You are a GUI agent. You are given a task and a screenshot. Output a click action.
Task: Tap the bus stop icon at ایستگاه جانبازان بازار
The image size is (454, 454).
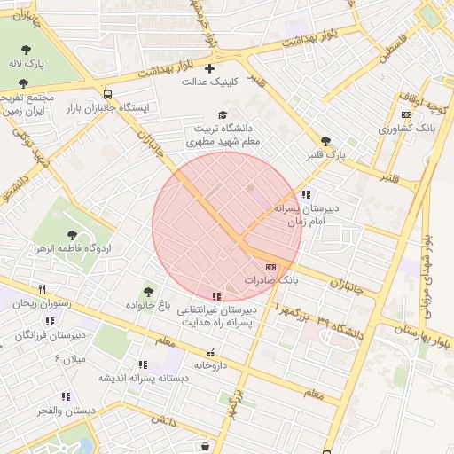click(108, 94)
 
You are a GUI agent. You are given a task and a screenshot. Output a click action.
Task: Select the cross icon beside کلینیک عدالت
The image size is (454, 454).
click(210, 68)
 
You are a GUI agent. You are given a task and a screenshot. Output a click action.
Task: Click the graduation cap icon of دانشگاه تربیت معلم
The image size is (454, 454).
click(223, 114)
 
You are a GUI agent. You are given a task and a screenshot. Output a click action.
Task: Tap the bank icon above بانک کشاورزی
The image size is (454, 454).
click(407, 114)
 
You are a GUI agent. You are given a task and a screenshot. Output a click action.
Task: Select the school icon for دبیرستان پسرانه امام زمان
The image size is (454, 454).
click(306, 194)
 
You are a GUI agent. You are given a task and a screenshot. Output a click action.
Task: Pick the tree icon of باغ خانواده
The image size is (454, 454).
click(148, 292)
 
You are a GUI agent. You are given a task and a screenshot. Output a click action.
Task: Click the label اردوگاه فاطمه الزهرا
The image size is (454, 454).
click(71, 248)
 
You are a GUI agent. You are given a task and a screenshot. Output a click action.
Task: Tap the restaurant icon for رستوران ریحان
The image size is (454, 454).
click(42, 290)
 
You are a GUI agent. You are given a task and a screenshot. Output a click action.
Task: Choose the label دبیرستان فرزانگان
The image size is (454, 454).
click(55, 335)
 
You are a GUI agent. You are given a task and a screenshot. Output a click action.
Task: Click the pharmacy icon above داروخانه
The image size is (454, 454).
click(210, 352)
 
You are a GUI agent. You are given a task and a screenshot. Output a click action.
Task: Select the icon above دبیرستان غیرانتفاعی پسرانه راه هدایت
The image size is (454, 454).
click(216, 296)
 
